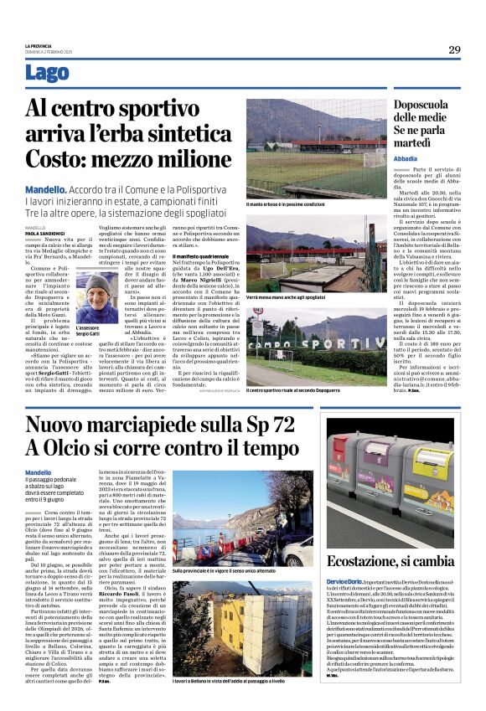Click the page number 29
tap(453, 49)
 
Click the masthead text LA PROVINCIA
tap(39, 45)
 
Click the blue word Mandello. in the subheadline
tap(45, 190)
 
